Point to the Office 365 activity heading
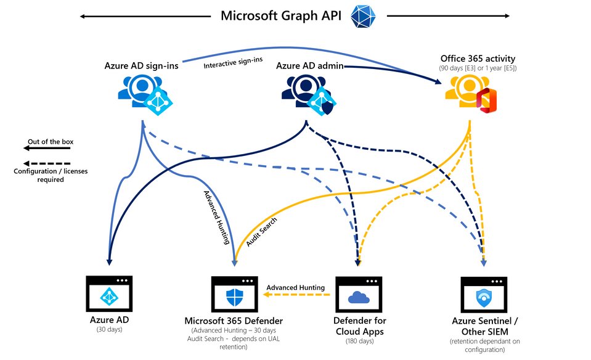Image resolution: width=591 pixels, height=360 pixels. (x=478, y=59)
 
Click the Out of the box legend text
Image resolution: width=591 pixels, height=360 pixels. (x=50, y=142)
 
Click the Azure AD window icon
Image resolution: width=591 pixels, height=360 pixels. (x=110, y=295)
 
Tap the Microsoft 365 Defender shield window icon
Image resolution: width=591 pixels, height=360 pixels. (x=235, y=295)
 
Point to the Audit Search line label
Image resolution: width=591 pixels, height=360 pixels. (x=258, y=233)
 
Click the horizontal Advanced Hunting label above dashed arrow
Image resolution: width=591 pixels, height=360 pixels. (x=295, y=287)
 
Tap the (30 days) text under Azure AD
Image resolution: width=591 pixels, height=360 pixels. (x=110, y=330)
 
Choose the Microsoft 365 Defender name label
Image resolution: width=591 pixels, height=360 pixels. (x=235, y=321)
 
